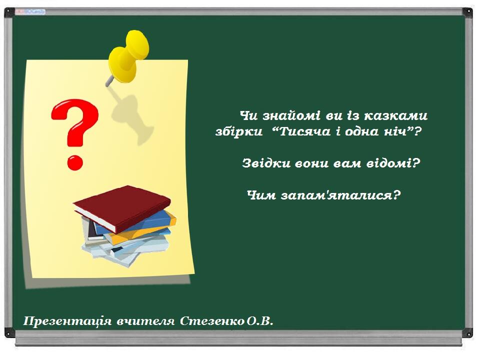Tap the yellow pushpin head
(128, 56)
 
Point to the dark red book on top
(122, 208)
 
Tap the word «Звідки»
(266, 163)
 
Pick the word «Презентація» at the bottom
(67, 321)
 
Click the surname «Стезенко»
(212, 321)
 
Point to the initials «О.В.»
(260, 321)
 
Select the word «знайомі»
(291, 115)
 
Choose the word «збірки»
(239, 131)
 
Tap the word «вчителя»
(145, 321)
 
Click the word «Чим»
(261, 195)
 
